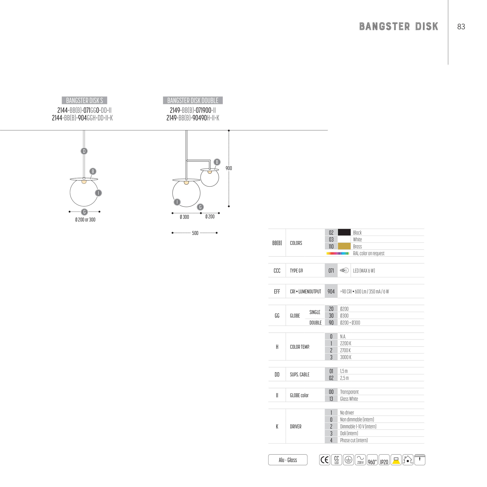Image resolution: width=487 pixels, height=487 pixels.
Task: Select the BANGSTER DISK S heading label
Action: pyautogui.click(x=84, y=100)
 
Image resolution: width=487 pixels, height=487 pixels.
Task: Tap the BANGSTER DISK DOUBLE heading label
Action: pyautogui.click(x=193, y=100)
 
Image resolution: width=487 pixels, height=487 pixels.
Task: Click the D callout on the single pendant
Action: pyautogui.click(x=84, y=151)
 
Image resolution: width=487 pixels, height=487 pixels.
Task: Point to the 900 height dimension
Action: pyautogui.click(x=229, y=168)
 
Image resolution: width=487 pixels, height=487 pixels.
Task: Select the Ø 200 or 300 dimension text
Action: pyautogui.click(x=85, y=220)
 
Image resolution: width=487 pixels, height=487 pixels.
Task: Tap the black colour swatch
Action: pyautogui.click(x=344, y=232)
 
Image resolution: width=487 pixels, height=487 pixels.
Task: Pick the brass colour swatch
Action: pyautogui.click(x=344, y=246)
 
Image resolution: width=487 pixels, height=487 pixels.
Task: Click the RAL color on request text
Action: pyautogui.click(x=369, y=253)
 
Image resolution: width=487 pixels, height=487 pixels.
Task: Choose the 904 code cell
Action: pyautogui.click(x=331, y=292)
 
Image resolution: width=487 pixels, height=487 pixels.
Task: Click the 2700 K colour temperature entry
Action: pyautogui.click(x=345, y=350)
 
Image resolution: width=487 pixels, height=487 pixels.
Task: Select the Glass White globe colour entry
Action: pyautogui.click(x=349, y=399)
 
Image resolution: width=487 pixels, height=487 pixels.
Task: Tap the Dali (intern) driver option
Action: pyautogui.click(x=349, y=433)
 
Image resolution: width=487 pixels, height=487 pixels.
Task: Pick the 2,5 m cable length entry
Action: pyautogui.click(x=344, y=378)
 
